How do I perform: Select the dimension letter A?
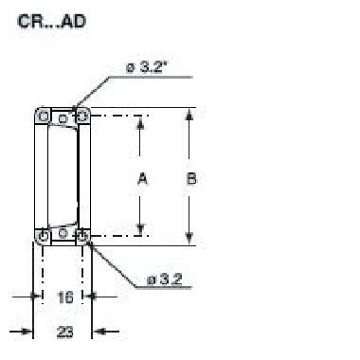click(x=142, y=176)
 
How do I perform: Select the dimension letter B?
click(x=192, y=176)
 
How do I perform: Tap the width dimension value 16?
click(x=63, y=297)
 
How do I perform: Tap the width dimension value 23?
click(x=63, y=331)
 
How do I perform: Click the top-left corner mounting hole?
click(x=44, y=116)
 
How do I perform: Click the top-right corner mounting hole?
click(x=82, y=116)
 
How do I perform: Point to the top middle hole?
click(x=63, y=119)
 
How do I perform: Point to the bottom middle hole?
click(x=63, y=231)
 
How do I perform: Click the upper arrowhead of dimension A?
click(x=142, y=121)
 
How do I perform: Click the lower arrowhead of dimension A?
click(x=142, y=229)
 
